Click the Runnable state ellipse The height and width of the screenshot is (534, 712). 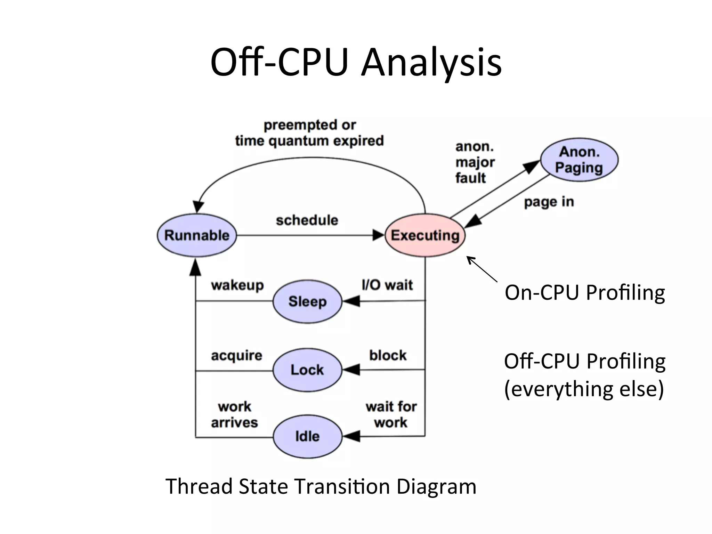(197, 235)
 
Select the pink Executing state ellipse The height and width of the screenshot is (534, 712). (425, 235)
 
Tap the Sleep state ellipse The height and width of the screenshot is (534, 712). (307, 301)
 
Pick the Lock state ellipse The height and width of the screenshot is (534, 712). (307, 370)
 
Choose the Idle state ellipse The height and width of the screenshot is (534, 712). (307, 436)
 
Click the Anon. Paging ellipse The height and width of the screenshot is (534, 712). (579, 160)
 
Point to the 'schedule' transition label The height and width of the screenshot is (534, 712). (307, 220)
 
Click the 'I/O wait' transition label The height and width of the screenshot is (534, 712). (387, 285)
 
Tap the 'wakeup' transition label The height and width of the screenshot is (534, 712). (237, 285)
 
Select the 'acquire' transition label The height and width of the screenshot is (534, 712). (237, 356)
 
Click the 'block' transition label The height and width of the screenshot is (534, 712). (388, 355)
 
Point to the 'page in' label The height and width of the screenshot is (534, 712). (549, 202)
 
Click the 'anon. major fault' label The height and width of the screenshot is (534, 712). (474, 162)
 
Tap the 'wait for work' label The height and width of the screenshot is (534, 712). (391, 414)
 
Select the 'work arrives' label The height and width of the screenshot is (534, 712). (235, 414)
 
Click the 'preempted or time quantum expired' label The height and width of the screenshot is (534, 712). (309, 133)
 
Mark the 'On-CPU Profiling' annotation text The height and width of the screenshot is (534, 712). (585, 293)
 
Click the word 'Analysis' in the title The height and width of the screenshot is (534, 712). (431, 63)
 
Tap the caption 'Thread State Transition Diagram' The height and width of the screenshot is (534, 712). (321, 486)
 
